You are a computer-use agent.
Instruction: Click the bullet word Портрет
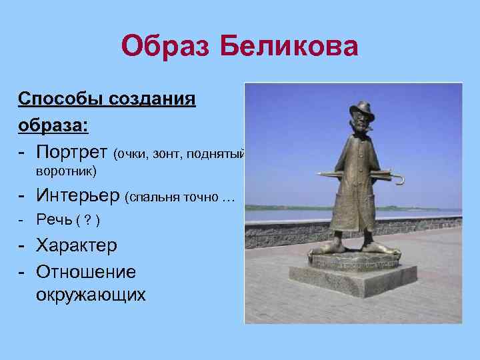(x=73, y=153)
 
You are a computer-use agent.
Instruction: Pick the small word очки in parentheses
(x=132, y=155)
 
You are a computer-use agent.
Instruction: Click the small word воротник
(x=65, y=172)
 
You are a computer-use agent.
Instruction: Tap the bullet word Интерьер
(x=79, y=195)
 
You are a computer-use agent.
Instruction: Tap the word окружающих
(x=91, y=294)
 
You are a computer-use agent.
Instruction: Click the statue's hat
(x=361, y=109)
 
